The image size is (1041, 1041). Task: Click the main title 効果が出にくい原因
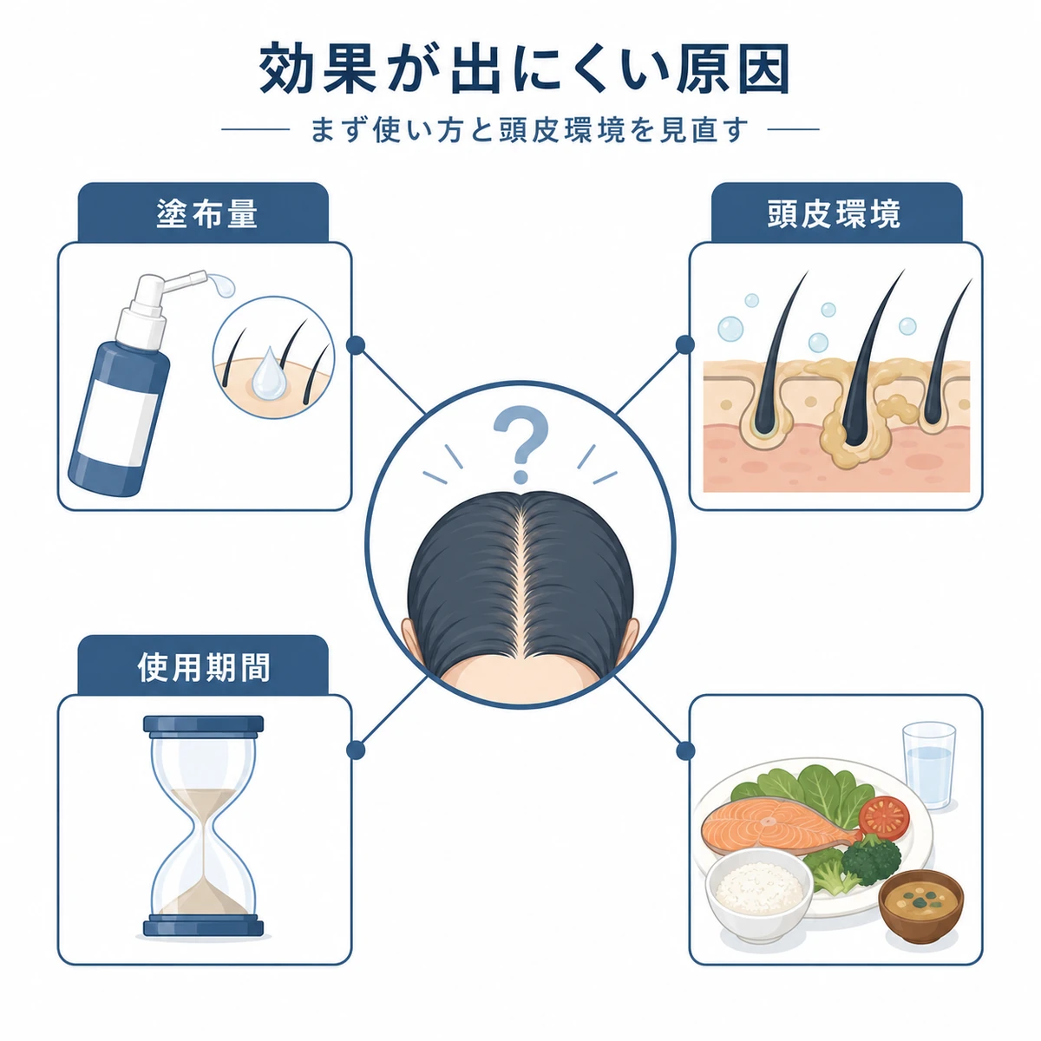tap(523, 69)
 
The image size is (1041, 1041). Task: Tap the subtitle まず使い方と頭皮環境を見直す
tap(529, 130)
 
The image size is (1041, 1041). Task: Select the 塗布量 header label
tap(207, 214)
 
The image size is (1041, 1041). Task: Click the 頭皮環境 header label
tap(834, 214)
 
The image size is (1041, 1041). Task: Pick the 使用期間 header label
tap(204, 667)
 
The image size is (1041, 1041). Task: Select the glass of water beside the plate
tap(928, 765)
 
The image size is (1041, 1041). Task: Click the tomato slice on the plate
tap(883, 817)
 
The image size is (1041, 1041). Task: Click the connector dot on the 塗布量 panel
tap(356, 345)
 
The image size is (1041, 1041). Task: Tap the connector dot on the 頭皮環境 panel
tap(685, 344)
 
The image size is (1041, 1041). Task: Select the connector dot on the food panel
tap(685, 750)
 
